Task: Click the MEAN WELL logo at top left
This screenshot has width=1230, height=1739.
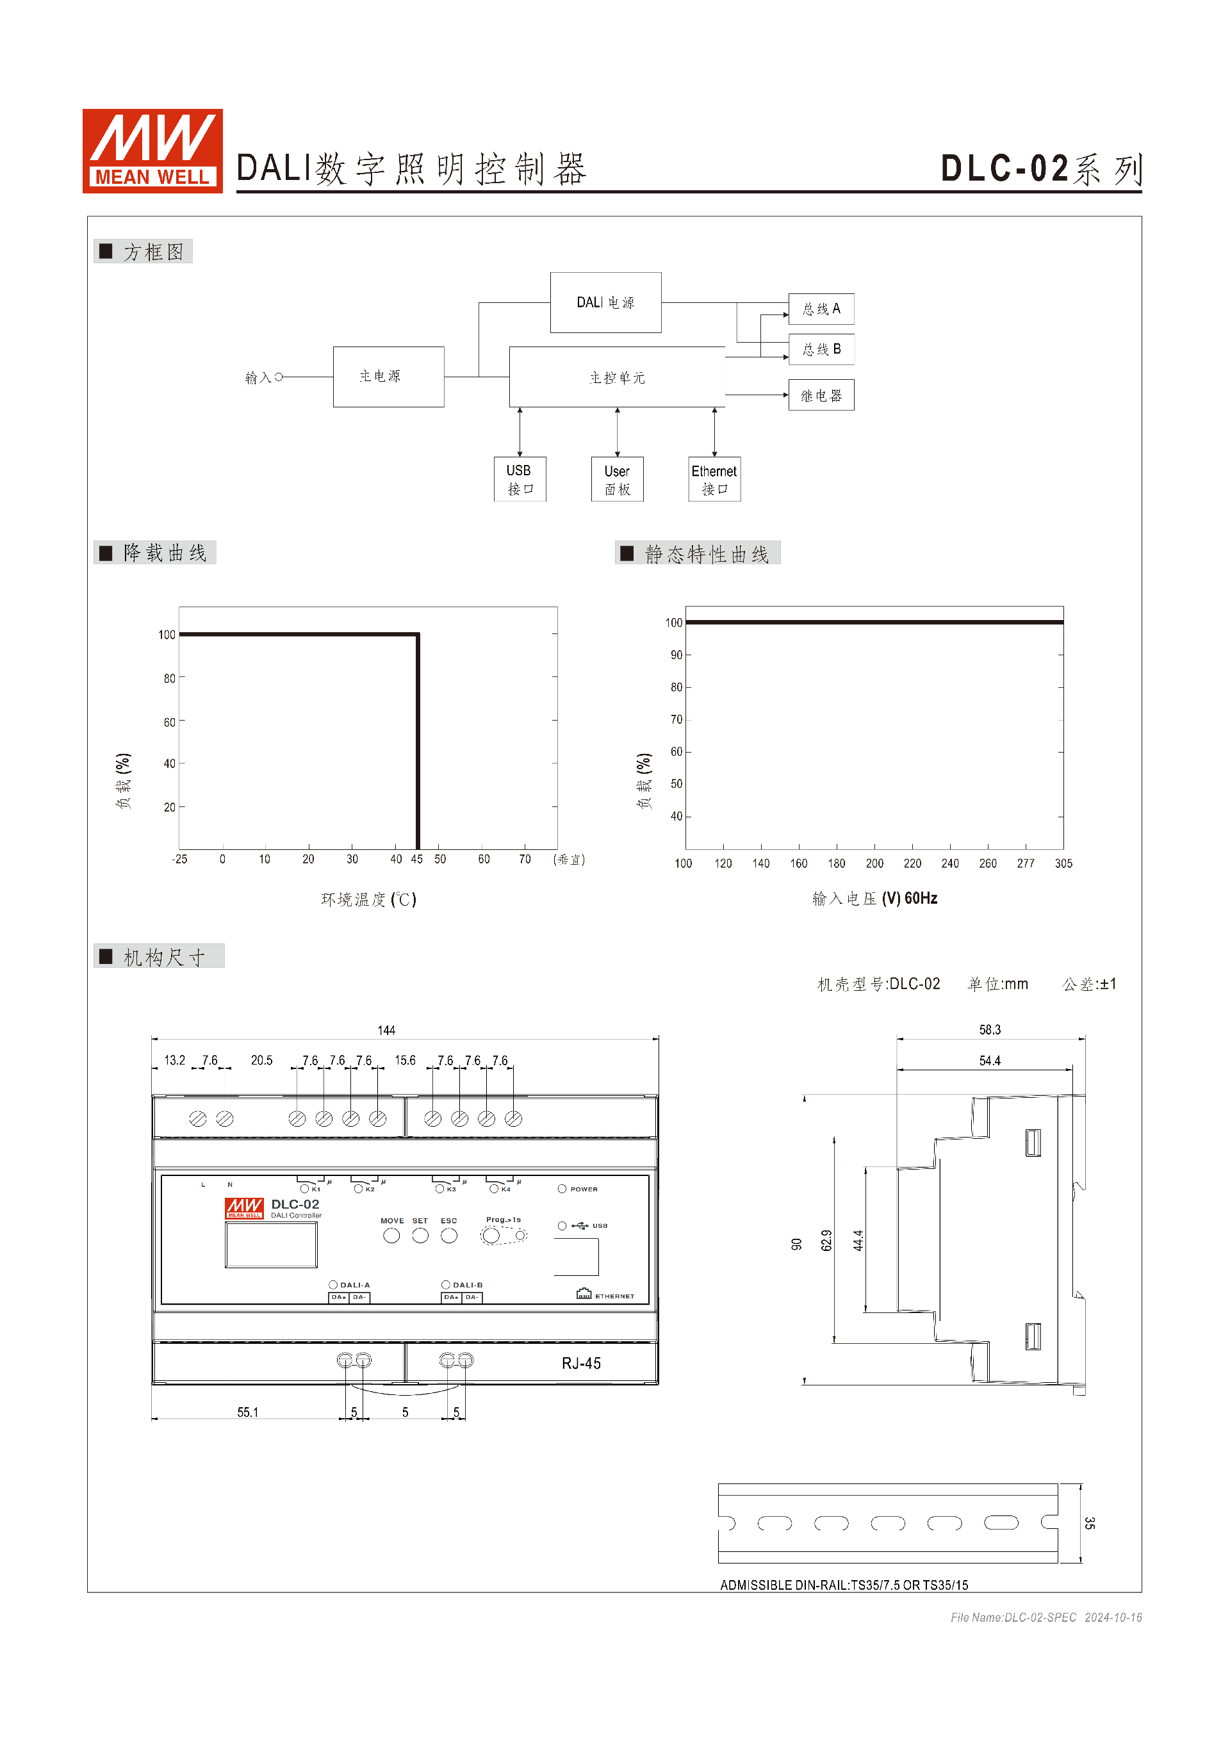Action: (152, 151)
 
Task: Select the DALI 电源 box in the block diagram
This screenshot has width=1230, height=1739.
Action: (605, 302)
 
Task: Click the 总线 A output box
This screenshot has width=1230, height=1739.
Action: (821, 309)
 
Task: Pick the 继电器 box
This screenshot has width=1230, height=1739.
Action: (821, 395)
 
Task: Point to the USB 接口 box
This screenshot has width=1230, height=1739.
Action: (520, 478)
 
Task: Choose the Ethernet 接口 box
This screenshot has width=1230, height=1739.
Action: (714, 478)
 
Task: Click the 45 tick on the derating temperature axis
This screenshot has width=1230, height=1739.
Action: (416, 859)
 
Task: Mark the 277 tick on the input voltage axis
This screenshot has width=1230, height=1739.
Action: (1025, 863)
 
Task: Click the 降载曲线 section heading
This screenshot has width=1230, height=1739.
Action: (165, 553)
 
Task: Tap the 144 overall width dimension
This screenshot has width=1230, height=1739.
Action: (386, 1030)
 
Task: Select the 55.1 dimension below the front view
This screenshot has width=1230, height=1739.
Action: (248, 1412)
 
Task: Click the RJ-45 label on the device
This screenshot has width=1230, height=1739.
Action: (581, 1363)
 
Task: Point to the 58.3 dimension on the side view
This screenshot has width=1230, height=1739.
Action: (989, 1030)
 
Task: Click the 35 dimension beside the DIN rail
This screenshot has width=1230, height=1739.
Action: (1088, 1523)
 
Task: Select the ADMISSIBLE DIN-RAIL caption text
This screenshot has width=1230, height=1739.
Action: (844, 1585)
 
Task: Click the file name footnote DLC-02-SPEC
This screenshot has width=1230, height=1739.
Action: (1013, 1617)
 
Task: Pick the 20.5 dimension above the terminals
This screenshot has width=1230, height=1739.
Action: (261, 1060)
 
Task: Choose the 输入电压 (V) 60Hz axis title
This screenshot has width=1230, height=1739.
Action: (875, 898)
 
